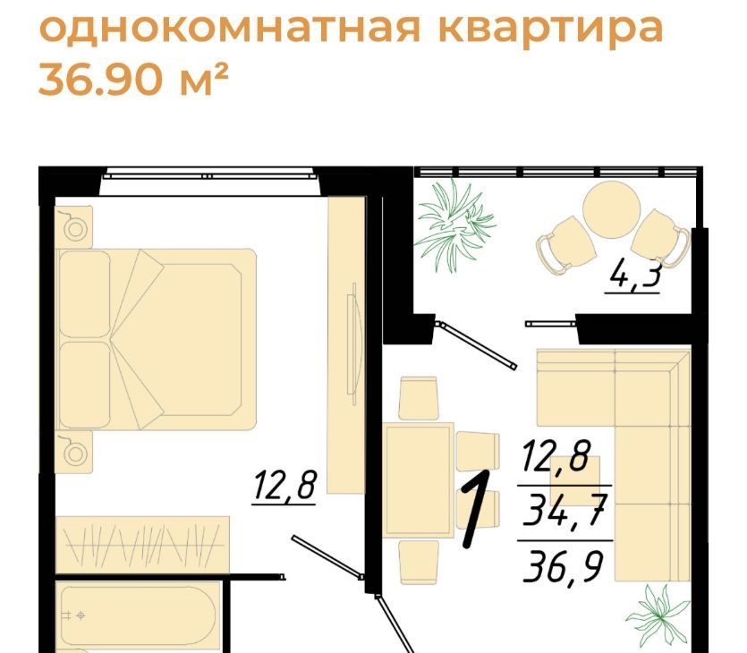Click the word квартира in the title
tap(550, 29)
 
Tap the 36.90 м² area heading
tap(133, 79)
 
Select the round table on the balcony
tap(611, 209)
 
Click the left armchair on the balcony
tap(566, 245)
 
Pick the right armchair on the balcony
tap(661, 238)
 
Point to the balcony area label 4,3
tap(633, 276)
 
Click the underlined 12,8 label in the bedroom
tap(284, 486)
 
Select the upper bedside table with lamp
tap(74, 227)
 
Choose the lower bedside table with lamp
tap(74, 452)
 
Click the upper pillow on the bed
tap(85, 294)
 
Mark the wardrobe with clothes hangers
tap(142, 545)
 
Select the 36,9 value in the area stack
tap(563, 566)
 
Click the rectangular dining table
tap(419, 480)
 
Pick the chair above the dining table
tap(419, 398)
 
